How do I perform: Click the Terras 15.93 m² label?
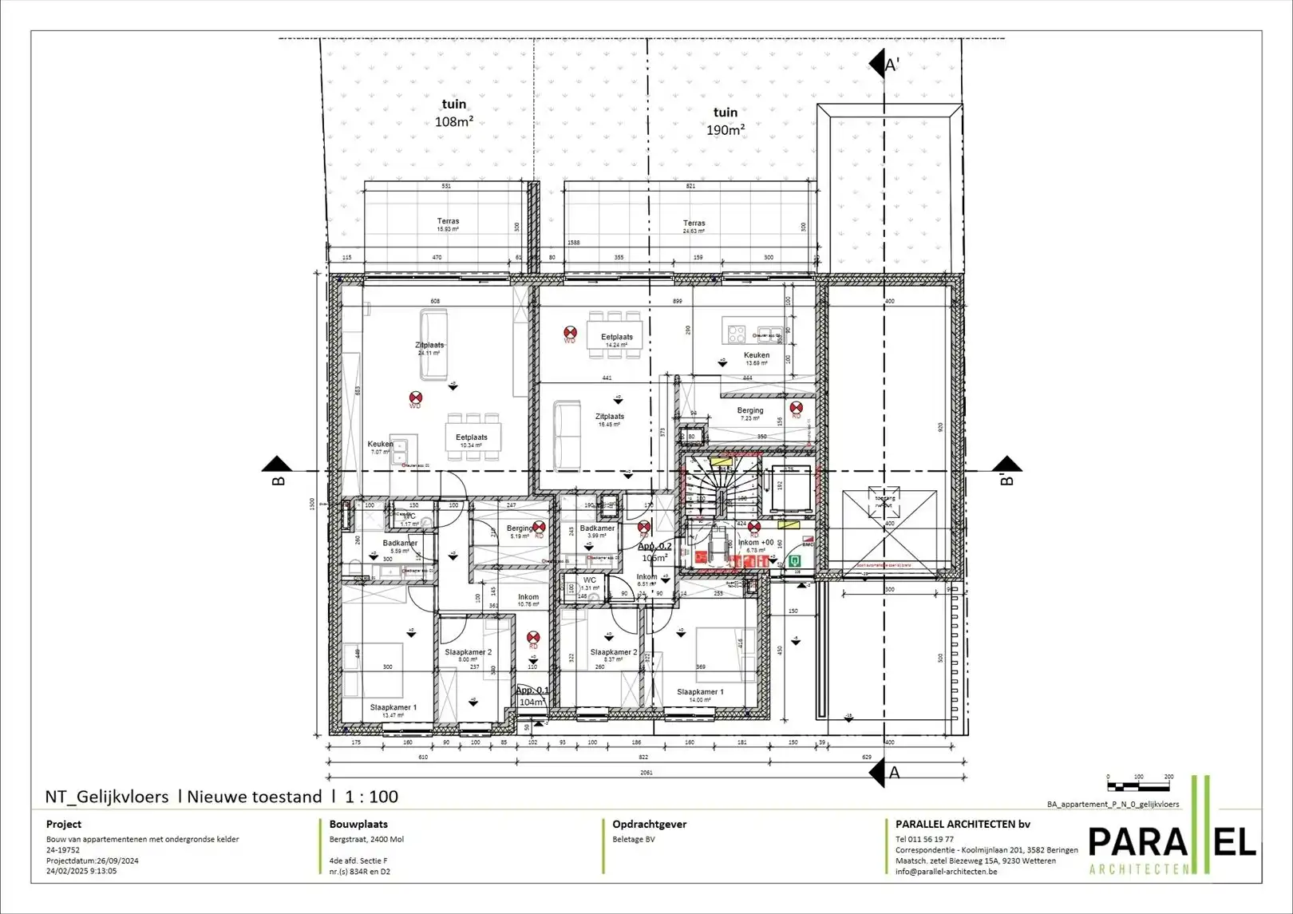[448, 225]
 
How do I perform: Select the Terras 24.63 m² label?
[694, 227]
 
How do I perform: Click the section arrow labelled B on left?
[277, 470]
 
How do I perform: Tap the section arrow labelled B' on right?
[1007, 470]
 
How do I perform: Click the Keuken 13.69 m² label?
[756, 358]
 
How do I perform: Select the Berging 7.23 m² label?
[749, 413]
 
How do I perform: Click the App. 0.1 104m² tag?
[532, 696]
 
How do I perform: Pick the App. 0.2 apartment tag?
[654, 552]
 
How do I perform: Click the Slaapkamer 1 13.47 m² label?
[393, 710]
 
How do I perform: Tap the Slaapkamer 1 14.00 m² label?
[700, 695]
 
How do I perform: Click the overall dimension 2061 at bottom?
[646, 773]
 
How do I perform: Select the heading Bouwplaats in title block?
[358, 825]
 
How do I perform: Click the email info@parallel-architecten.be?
[946, 872]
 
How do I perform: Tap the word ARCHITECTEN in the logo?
[1137, 868]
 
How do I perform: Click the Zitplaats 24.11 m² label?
[429, 349]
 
